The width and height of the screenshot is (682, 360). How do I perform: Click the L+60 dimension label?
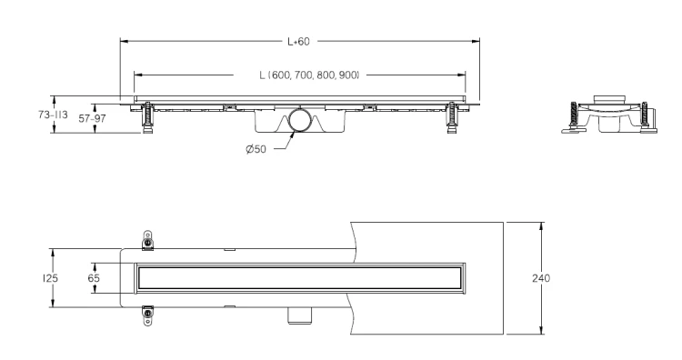click(x=298, y=41)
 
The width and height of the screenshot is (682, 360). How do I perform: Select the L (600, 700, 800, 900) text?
click(x=309, y=75)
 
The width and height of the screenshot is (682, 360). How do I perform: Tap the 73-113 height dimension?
click(x=53, y=115)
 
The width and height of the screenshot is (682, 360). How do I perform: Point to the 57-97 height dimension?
click(x=92, y=118)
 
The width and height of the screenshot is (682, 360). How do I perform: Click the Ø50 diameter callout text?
click(x=256, y=149)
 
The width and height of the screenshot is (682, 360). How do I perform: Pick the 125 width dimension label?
click(x=50, y=278)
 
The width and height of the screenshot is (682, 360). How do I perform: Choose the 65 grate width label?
click(x=94, y=278)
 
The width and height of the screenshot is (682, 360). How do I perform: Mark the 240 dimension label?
click(x=541, y=278)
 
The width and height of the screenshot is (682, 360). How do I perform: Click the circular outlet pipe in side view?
click(x=300, y=120)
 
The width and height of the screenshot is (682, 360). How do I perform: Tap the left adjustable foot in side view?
click(x=148, y=117)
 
